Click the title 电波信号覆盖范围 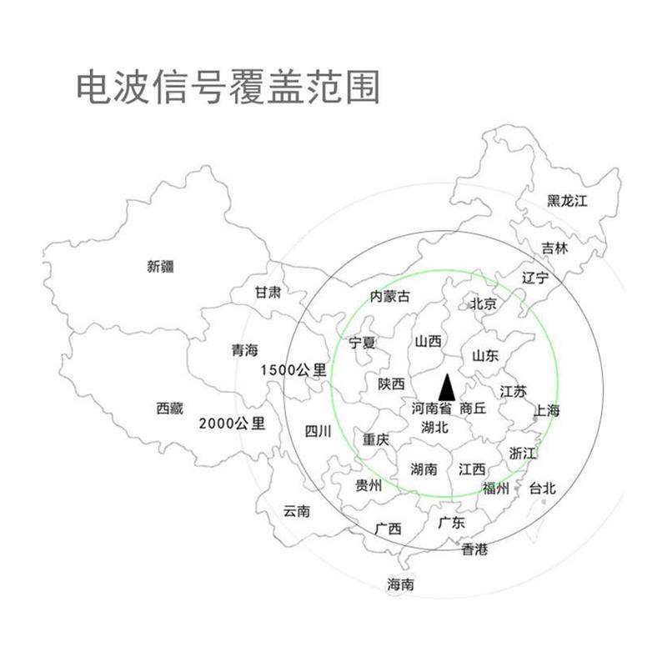click(227, 88)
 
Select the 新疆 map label click(160, 267)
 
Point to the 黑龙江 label click(568, 201)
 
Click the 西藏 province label click(169, 409)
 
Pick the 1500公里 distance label click(293, 369)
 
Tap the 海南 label click(400, 584)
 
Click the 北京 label click(484, 304)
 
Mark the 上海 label click(547, 410)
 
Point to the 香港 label click(474, 549)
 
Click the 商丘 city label click(473, 409)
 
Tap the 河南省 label click(432, 409)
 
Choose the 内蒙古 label click(391, 297)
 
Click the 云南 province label click(297, 511)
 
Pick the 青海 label click(244, 351)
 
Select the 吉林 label click(554, 248)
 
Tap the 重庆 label click(375, 439)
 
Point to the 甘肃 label click(268, 293)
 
